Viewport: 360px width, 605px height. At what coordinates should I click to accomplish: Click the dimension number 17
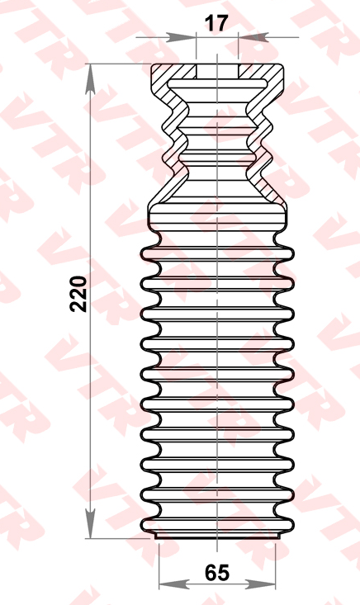click(x=216, y=24)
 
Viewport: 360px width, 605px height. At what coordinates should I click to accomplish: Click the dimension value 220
click(x=78, y=294)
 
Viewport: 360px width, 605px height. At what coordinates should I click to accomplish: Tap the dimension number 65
click(x=217, y=573)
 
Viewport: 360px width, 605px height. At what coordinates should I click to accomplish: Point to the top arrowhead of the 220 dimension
click(x=90, y=79)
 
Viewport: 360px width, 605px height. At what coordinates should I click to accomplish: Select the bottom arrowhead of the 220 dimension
click(x=90, y=523)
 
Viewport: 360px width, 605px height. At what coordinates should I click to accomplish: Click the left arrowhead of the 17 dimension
click(x=182, y=37)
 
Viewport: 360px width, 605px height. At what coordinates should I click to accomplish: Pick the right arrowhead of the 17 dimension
click(x=253, y=37)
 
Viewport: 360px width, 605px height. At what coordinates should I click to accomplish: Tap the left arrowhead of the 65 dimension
click(x=173, y=585)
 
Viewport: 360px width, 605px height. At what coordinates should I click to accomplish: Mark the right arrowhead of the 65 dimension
click(x=260, y=585)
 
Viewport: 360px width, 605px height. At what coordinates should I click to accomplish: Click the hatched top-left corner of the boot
click(x=162, y=73)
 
